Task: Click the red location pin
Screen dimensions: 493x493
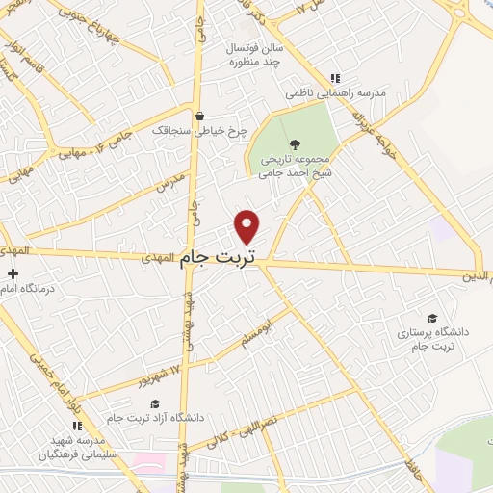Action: (247, 227)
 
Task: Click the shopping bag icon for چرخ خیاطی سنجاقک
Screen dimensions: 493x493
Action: (198, 117)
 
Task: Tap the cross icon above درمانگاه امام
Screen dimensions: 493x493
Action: (11, 273)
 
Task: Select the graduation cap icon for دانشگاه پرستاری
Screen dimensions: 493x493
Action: (431, 318)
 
